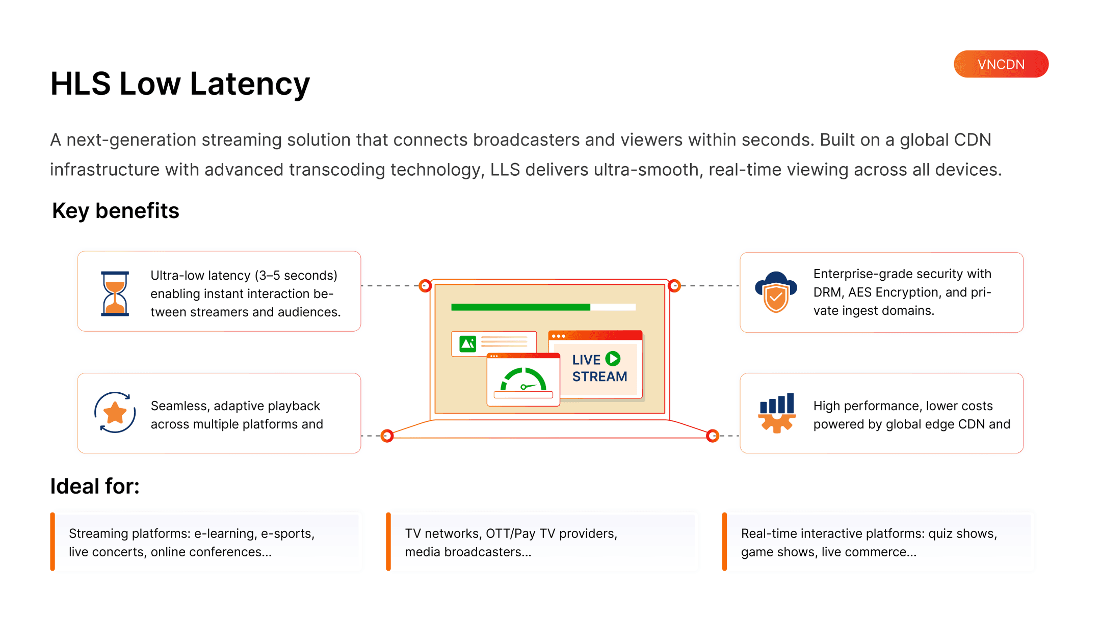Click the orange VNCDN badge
point(1001,64)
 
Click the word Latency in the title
point(250,84)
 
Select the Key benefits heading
point(116,211)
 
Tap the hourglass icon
point(115,293)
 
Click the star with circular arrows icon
point(115,413)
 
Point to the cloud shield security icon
point(776,292)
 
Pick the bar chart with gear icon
point(776,413)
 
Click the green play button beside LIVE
point(613,359)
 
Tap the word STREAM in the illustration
point(599,377)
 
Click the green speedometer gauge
point(523,380)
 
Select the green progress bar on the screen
point(520,307)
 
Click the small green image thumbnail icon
point(467,344)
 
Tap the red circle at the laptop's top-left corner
point(425,286)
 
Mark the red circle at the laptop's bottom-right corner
point(713,436)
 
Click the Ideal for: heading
point(95,487)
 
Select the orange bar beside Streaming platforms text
point(53,542)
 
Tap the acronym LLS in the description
point(505,170)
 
